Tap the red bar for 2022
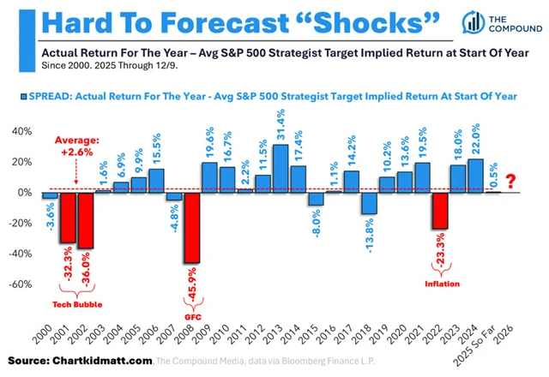(x=440, y=210)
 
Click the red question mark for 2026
(x=511, y=182)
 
